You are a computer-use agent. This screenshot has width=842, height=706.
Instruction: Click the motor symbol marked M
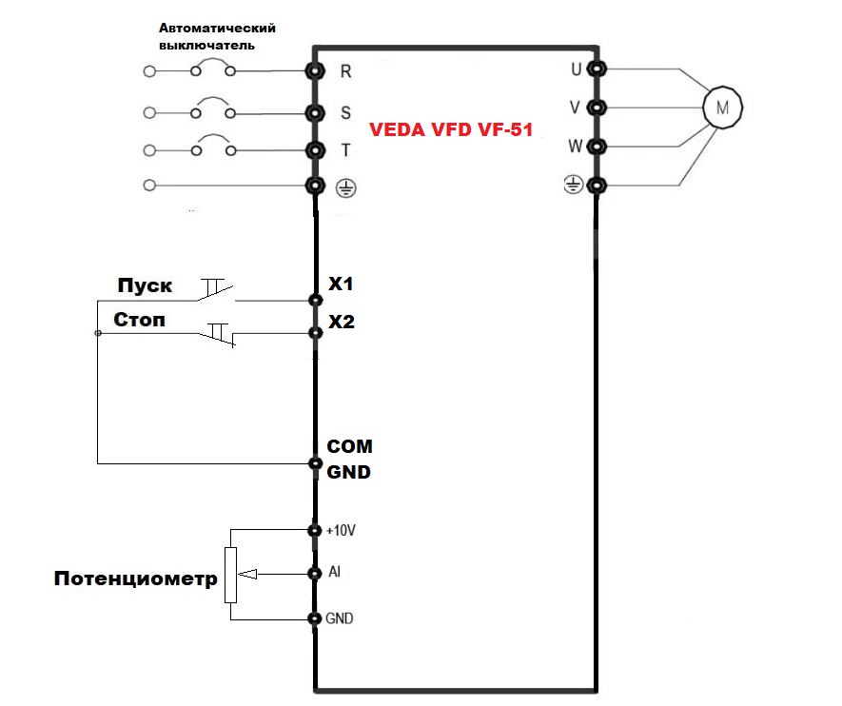pos(721,108)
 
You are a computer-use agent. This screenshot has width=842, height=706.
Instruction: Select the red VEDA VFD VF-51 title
pos(451,131)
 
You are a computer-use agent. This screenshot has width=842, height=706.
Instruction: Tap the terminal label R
pos(345,70)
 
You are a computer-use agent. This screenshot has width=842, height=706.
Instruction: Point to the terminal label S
pos(345,112)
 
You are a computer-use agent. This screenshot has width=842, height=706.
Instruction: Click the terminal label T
pos(345,149)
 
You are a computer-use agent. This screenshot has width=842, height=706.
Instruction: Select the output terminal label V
pos(575,108)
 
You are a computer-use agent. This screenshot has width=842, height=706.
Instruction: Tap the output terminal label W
pos(574,147)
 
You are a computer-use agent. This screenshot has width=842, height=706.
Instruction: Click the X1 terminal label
pos(341,284)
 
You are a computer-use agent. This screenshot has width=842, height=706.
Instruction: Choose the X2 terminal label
pos(341,323)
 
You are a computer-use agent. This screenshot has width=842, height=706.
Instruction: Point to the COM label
pos(349,446)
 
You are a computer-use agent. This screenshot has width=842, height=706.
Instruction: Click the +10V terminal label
pos(340,529)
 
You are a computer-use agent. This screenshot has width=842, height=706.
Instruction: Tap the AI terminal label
pos(334,573)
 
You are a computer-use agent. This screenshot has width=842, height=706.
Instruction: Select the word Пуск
pos(146,285)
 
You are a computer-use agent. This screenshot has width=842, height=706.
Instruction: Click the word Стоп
pos(139,320)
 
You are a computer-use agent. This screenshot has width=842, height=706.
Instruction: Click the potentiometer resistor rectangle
pos(230,575)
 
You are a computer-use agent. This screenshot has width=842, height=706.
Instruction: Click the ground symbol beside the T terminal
pos(346,187)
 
